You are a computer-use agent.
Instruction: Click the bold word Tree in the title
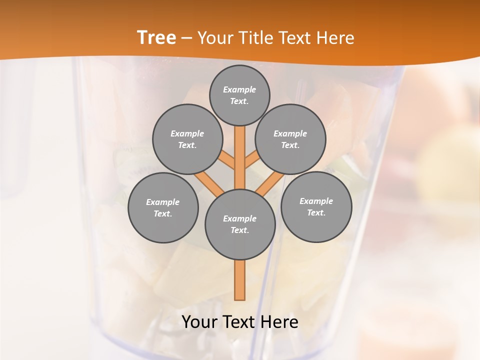coord(156,37)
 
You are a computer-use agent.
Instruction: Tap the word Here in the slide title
coord(335,37)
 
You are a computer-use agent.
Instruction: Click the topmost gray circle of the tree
coord(239,95)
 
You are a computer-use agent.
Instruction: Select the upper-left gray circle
coord(187,139)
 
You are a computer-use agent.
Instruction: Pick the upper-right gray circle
coord(290,139)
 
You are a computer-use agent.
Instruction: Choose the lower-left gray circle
coord(163,207)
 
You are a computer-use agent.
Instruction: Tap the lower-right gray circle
coord(316,206)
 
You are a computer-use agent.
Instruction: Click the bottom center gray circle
coord(240,224)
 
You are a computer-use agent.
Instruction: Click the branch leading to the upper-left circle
coord(226,161)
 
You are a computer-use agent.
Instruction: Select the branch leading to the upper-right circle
coord(251,159)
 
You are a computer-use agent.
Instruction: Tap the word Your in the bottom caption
coord(200,322)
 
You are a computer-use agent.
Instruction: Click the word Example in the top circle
coord(239,89)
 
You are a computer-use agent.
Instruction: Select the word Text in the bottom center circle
coord(239,230)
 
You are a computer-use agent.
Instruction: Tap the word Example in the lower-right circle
coord(316,201)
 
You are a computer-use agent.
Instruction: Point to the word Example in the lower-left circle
coord(163,202)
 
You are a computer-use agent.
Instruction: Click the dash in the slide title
coord(186,38)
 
